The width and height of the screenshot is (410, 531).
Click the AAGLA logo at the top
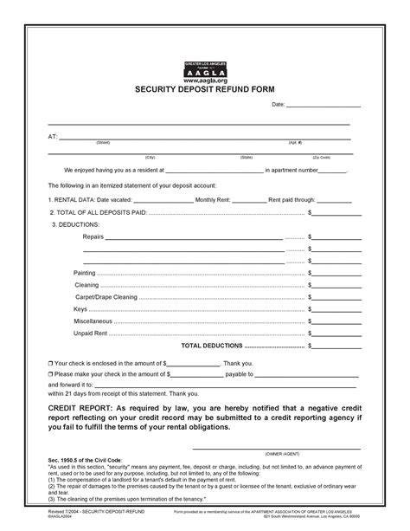pyautogui.click(x=205, y=68)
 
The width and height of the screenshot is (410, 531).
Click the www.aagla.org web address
pyautogui.click(x=205, y=79)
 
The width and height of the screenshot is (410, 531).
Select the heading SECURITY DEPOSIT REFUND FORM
pyautogui.click(x=205, y=89)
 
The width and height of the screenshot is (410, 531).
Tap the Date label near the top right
pyautogui.click(x=279, y=105)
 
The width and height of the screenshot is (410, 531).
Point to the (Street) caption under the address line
pyautogui.click(x=102, y=142)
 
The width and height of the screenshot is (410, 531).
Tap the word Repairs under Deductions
pyautogui.click(x=93, y=236)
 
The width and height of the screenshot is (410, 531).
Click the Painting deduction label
pyautogui.click(x=86, y=272)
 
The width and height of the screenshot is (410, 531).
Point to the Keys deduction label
pyautogui.click(x=80, y=308)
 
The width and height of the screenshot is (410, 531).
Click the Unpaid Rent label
pyautogui.click(x=91, y=333)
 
